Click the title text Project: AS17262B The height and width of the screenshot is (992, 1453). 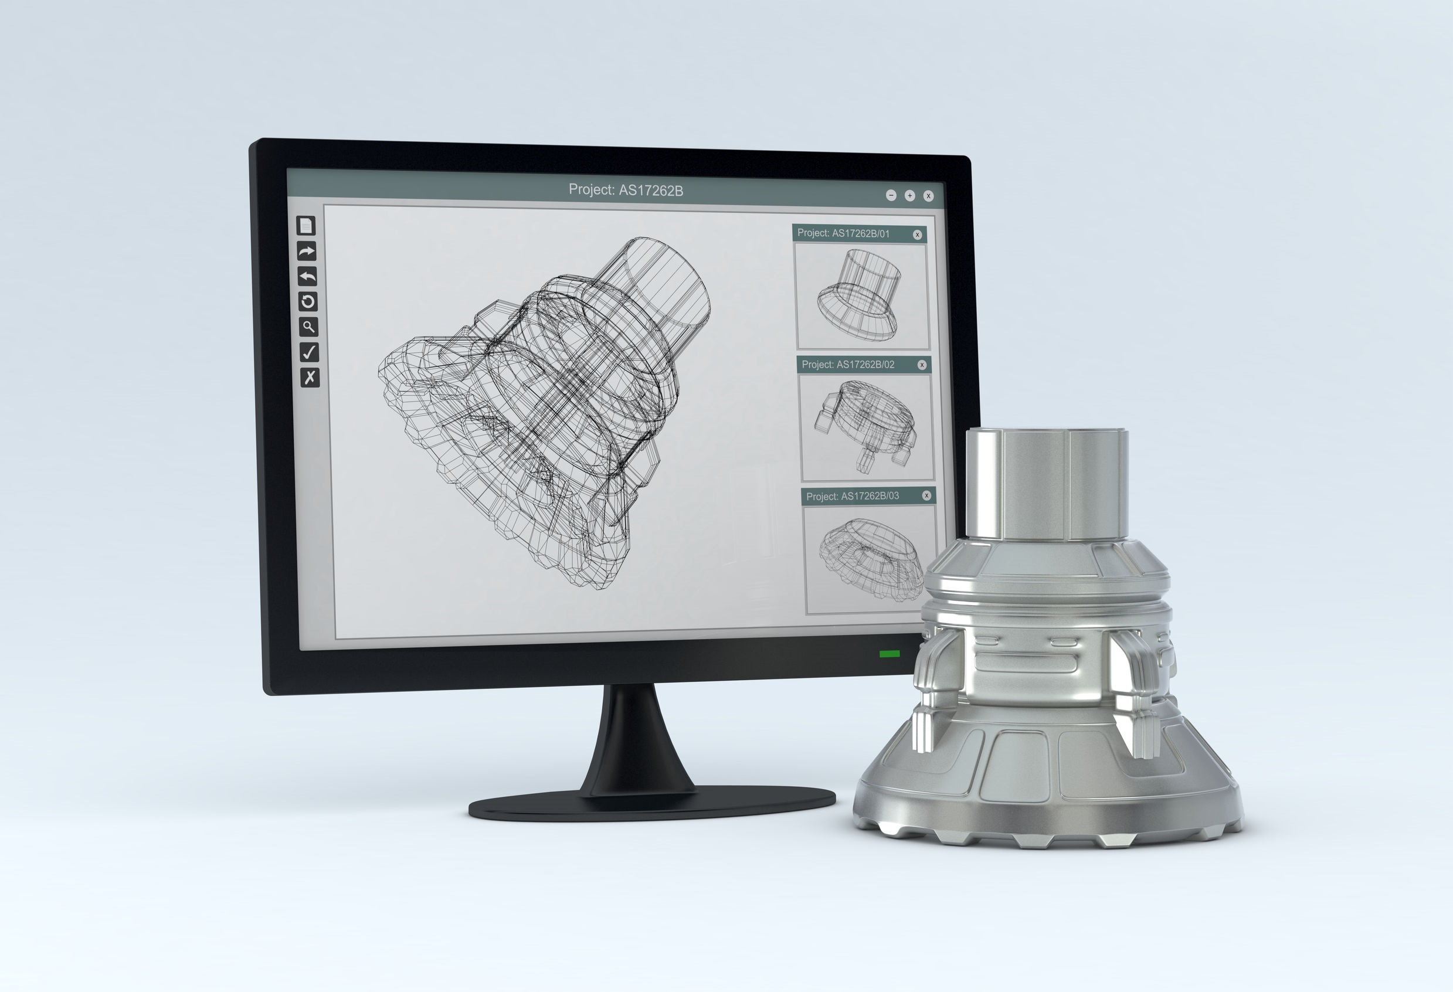point(625,190)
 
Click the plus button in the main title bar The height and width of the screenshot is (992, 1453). point(909,196)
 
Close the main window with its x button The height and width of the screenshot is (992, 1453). point(928,196)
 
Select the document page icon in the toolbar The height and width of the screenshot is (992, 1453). point(305,226)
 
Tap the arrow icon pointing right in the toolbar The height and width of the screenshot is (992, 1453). point(306,252)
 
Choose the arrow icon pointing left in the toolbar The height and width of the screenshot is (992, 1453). point(307,276)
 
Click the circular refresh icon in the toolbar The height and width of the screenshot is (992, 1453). point(308,302)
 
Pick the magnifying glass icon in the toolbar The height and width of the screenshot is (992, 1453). point(308,327)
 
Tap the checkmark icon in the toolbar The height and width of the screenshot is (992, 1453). point(309,352)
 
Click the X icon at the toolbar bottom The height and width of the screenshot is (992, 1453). point(310,377)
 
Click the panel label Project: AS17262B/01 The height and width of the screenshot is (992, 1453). point(843,233)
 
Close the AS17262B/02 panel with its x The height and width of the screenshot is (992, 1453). point(922,365)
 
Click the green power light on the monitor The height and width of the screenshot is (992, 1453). point(889,654)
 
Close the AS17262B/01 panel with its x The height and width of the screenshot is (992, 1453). point(917,235)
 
